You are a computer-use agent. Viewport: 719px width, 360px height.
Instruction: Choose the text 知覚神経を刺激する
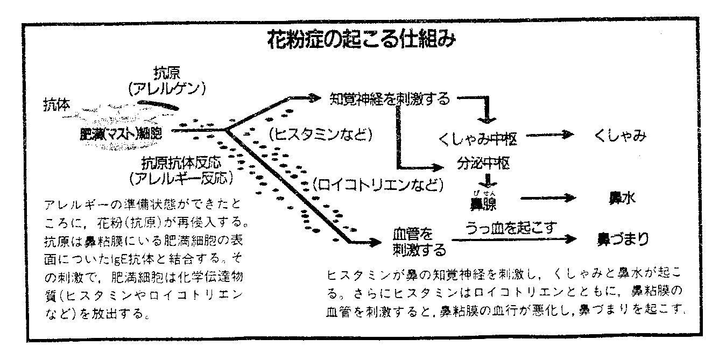point(389,98)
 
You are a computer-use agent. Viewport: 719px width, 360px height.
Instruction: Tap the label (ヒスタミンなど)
point(321,132)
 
